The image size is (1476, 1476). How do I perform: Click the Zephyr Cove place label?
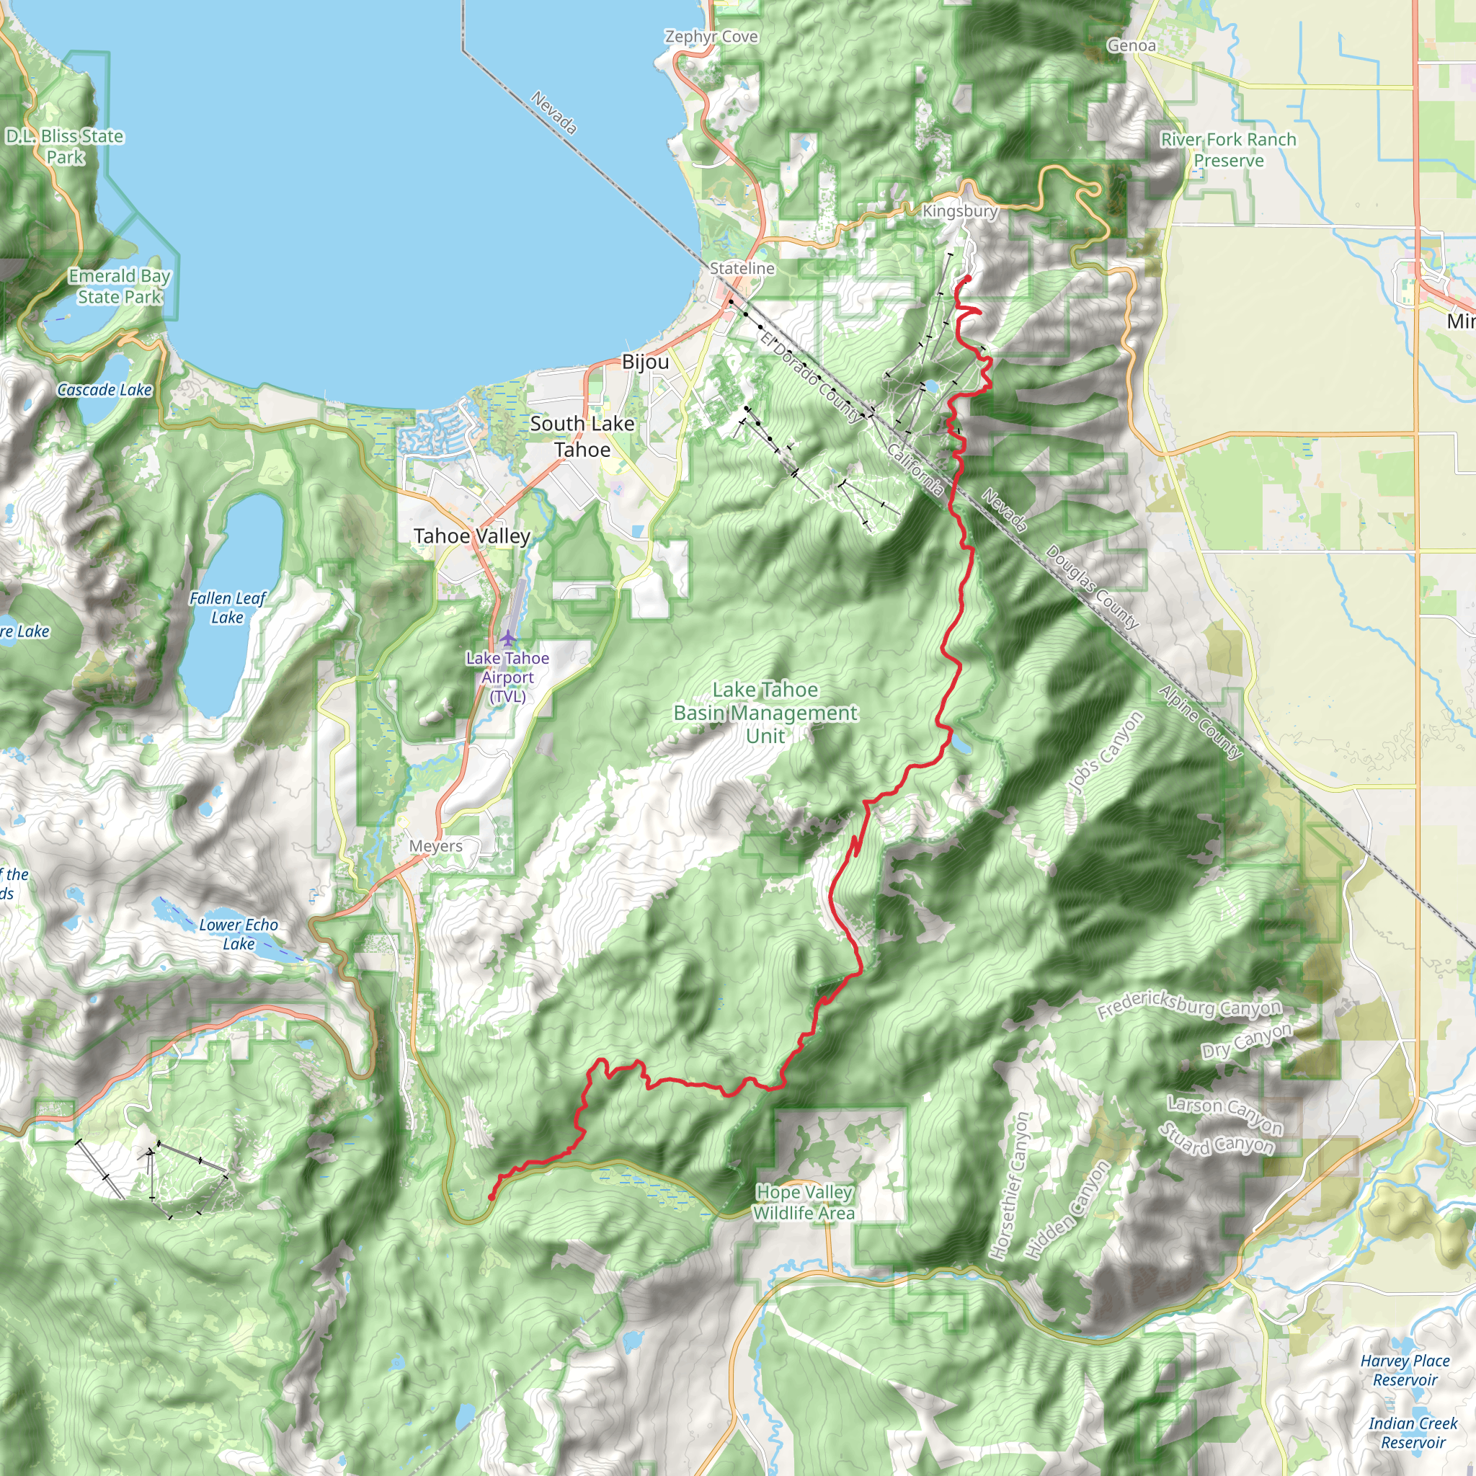point(711,37)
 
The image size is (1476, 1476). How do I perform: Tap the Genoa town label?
point(1132,46)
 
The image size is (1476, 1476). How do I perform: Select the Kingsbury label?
point(959,211)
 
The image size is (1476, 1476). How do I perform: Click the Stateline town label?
point(742,268)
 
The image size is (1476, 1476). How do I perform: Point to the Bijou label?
point(645,361)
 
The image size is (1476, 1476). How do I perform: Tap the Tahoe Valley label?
point(471,536)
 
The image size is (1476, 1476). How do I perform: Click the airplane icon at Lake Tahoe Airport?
point(508,637)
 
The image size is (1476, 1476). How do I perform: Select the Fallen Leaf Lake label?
point(227,608)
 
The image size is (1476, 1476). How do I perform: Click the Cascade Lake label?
point(105,390)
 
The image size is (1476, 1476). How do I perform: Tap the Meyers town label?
point(435,845)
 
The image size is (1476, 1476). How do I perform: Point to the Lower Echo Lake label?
point(239,933)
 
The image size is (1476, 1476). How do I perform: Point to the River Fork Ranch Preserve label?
point(1229,150)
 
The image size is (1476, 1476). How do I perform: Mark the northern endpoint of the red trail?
point(968,279)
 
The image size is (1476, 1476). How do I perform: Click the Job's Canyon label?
point(1105,752)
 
